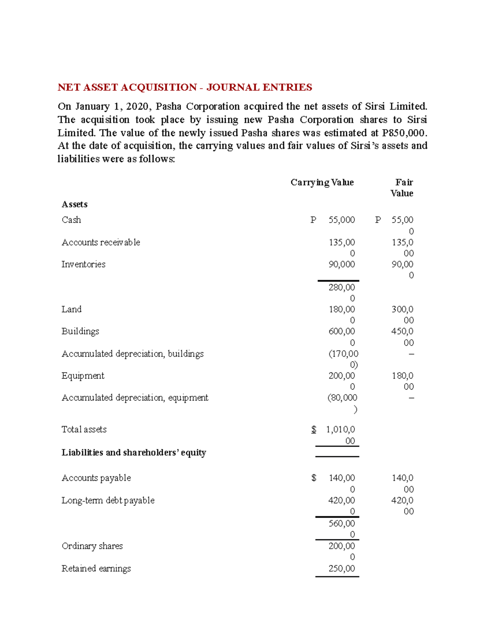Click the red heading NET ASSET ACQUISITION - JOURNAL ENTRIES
pos(185,88)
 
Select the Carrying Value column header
pos(322,182)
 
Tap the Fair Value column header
pos(402,188)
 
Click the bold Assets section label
pos(74,204)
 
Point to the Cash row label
pos(71,220)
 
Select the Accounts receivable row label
pos(101,242)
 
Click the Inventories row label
pos(83,265)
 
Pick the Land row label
pos(72,310)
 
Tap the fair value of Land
pos(403,314)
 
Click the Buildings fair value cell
pos(403,337)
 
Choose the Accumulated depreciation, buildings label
pos(133,354)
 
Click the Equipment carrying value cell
pos(342,381)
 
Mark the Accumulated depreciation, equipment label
pos(135,398)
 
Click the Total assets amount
pos(340,435)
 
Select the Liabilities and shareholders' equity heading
pos(134,453)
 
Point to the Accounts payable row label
pos(96,478)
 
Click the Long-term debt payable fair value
pos(403,506)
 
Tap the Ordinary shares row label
pos(92,546)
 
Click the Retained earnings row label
pos(96,569)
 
